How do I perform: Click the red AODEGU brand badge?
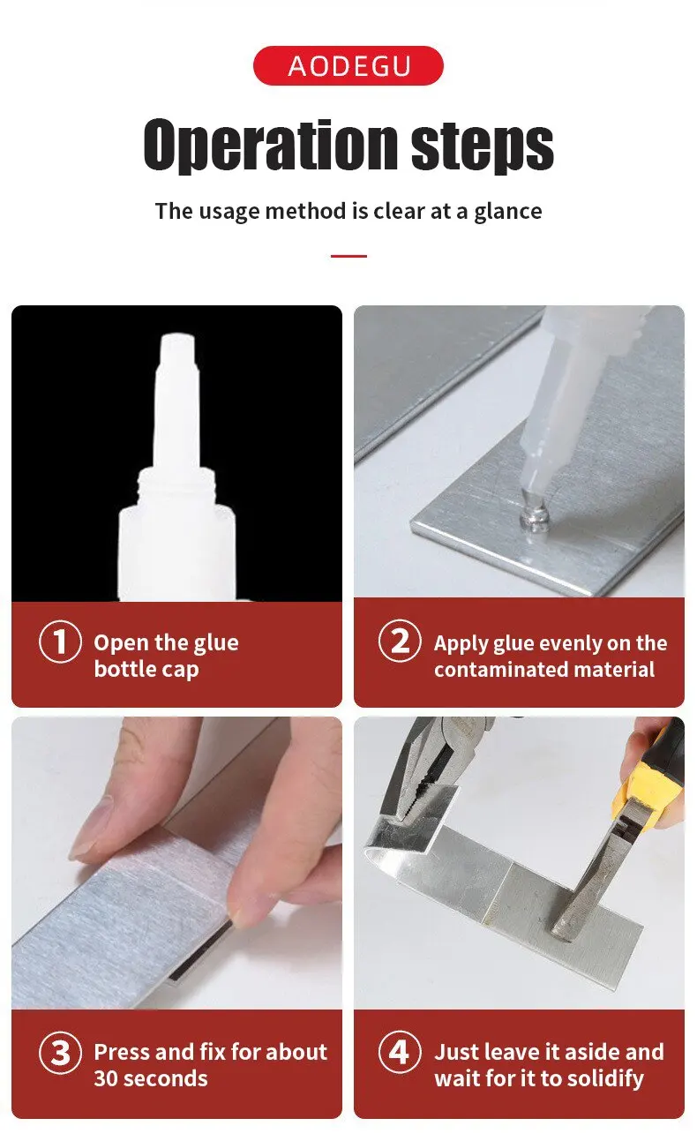pos(348,65)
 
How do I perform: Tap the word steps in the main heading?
pos(483,146)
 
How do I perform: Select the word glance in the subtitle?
pos(508,212)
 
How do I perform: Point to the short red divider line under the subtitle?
pos(348,256)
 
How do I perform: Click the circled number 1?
pos(60,642)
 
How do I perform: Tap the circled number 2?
pos(400,641)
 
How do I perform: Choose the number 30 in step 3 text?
pos(105,1079)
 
